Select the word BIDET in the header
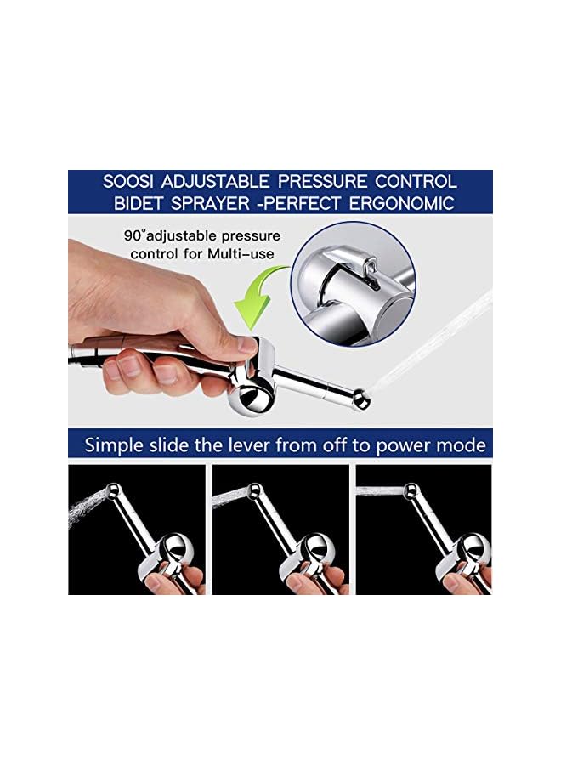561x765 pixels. click(x=142, y=204)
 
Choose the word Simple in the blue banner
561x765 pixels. click(x=116, y=445)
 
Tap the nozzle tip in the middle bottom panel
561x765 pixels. click(x=252, y=490)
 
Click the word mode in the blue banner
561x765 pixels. click(x=462, y=445)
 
